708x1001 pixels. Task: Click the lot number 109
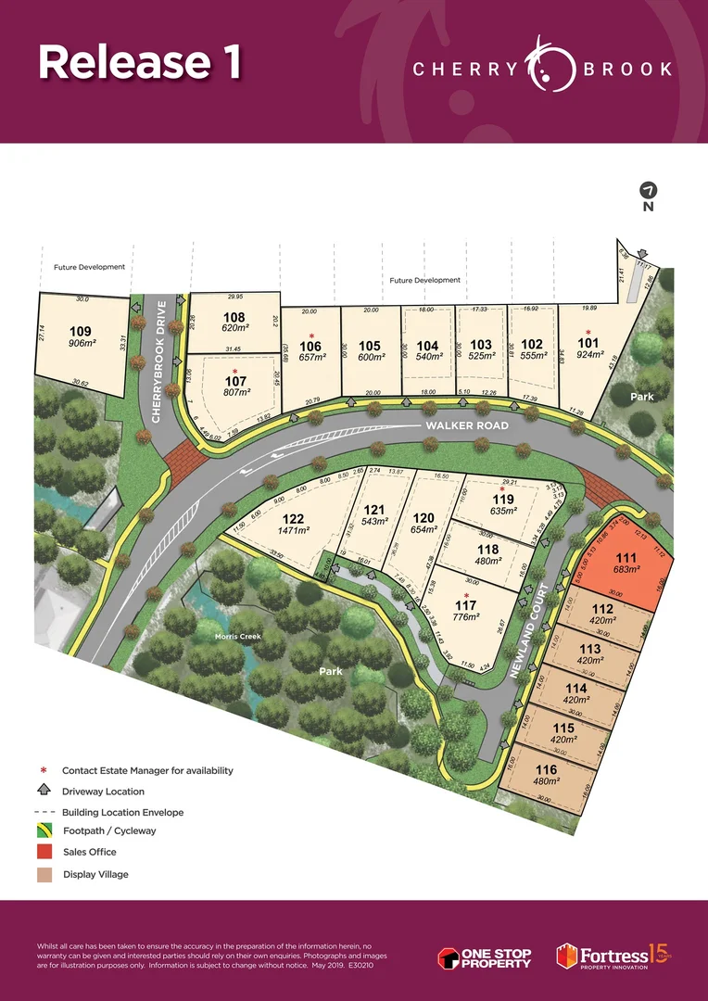[82, 330]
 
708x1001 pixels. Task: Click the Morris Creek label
[238, 637]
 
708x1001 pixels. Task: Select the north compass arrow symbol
[648, 190]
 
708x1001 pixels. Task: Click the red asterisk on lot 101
[588, 332]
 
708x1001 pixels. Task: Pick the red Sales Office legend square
[44, 852]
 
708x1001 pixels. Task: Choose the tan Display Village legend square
[44, 874]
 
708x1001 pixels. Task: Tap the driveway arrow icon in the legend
[44, 791]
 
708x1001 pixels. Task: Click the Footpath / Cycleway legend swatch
[44, 830]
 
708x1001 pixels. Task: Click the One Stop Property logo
[485, 957]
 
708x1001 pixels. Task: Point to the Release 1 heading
[140, 61]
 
